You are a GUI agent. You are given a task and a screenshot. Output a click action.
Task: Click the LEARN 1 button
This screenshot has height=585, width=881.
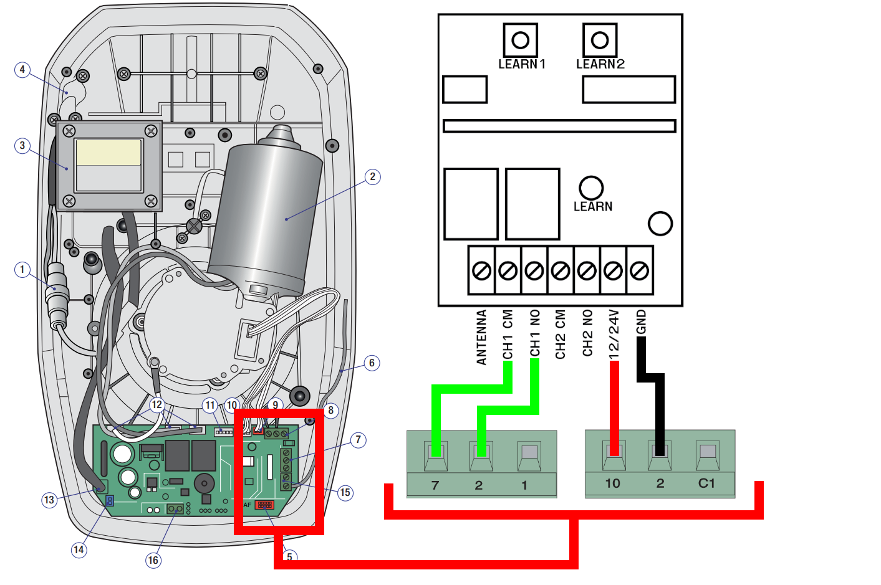click(x=520, y=40)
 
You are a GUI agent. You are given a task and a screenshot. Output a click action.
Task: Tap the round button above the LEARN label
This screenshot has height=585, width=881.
click(x=590, y=188)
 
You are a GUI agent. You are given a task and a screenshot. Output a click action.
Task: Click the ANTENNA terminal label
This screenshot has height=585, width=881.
click(x=481, y=337)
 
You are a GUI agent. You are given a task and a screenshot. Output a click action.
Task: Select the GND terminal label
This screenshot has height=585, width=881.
click(x=641, y=322)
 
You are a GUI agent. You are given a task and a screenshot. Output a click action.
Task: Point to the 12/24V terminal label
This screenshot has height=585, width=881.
click(x=614, y=334)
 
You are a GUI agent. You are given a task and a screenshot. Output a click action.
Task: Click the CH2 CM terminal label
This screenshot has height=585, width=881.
click(x=561, y=334)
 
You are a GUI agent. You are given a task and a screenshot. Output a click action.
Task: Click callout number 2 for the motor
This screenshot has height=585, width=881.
click(x=372, y=176)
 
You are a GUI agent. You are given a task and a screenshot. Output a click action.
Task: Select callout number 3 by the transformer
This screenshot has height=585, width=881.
click(x=22, y=146)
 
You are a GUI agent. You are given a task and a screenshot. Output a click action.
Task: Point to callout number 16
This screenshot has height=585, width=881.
click(x=153, y=560)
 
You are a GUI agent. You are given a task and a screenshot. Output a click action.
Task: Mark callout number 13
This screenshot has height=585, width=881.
click(x=49, y=499)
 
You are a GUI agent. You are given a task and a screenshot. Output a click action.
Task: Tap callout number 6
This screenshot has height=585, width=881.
click(x=372, y=363)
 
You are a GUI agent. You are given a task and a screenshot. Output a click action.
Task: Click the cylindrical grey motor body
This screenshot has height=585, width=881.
click(x=268, y=212)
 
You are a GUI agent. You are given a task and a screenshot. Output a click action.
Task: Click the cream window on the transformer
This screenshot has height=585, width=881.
click(x=108, y=153)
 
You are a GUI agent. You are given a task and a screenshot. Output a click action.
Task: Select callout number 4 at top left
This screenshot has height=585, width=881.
click(x=22, y=69)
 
